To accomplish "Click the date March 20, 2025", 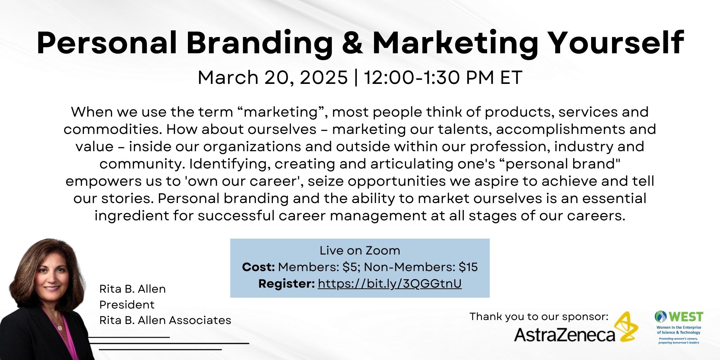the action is [273, 77].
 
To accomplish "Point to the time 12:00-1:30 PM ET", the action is [443, 77].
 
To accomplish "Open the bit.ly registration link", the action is [390, 284].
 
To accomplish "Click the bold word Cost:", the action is [258, 267].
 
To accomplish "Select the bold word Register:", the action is [287, 284].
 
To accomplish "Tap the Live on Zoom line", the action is [360, 250].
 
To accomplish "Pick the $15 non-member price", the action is [468, 267].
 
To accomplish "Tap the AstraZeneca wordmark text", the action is [564, 334].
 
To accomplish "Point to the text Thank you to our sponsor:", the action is [539, 316].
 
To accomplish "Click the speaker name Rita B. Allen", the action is [132, 289].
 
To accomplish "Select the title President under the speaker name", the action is [127, 305].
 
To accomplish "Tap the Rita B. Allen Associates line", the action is [165, 320].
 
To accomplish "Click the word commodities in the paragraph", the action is [113, 129].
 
